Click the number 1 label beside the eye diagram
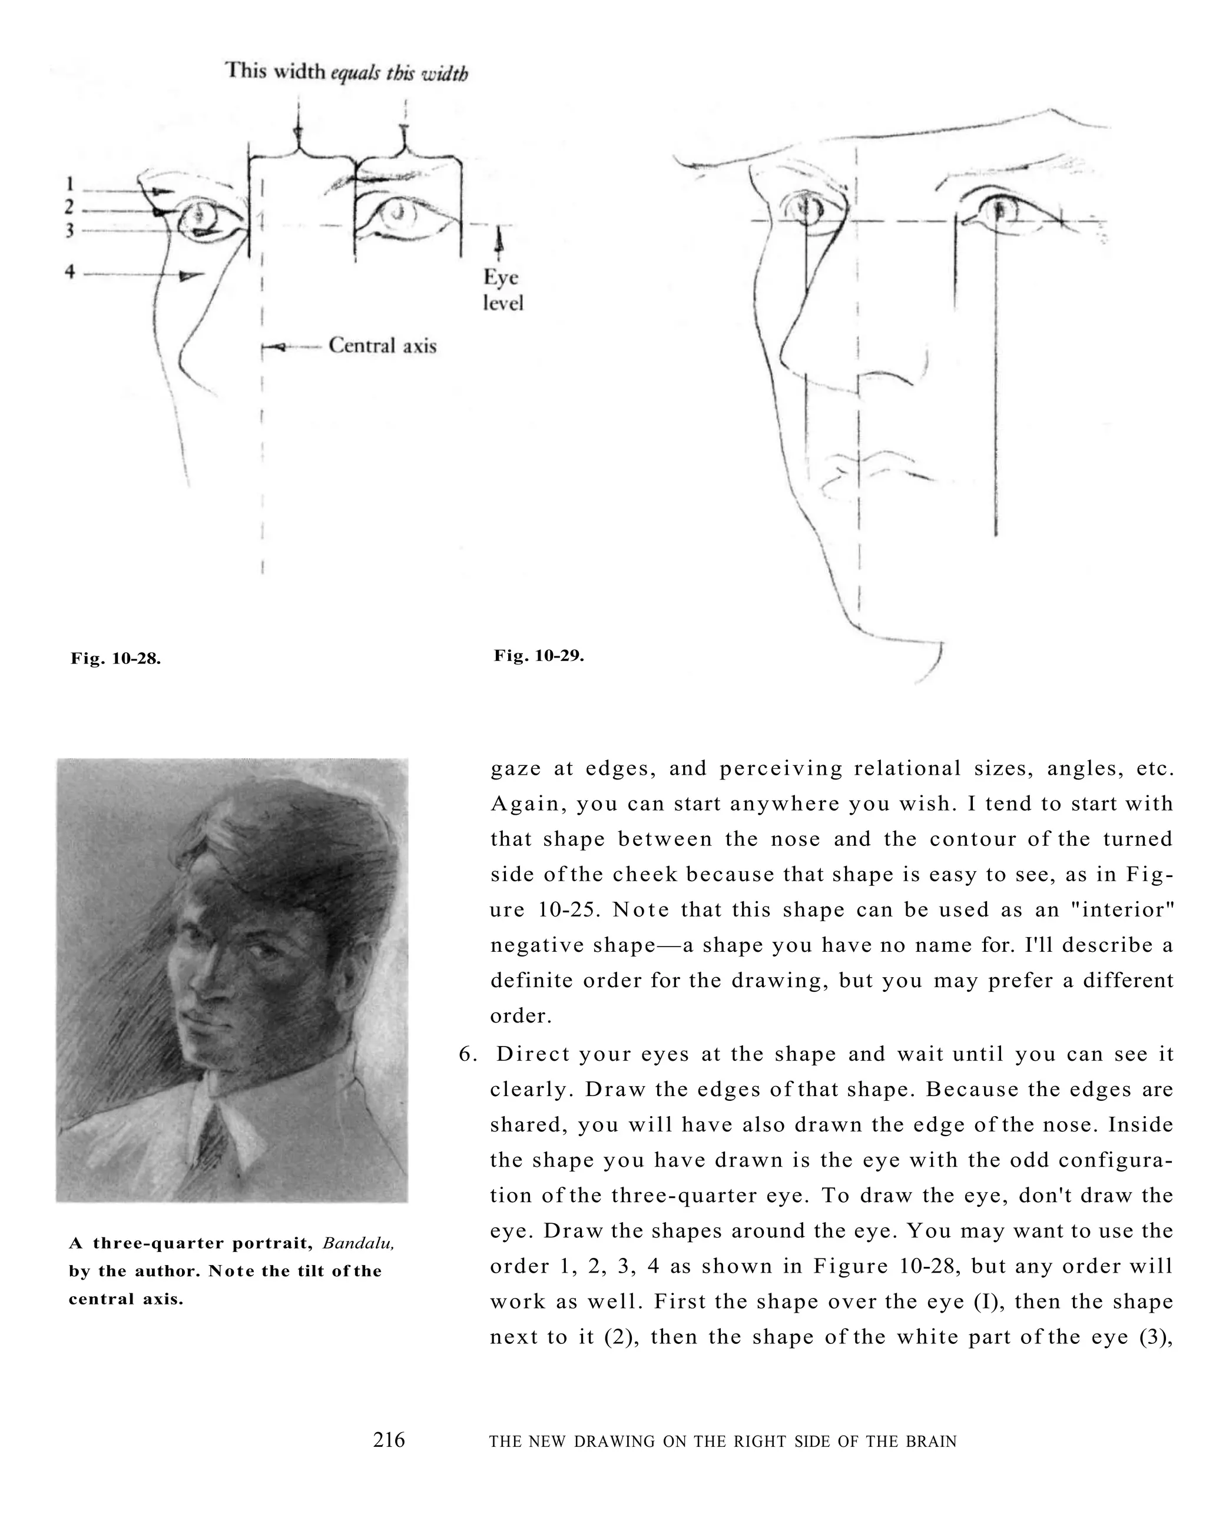pos(69,184)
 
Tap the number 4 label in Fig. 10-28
pos(69,272)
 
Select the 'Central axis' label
pos(382,346)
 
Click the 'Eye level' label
pos(502,290)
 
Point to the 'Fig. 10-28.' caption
pos(116,659)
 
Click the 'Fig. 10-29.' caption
pos(539,656)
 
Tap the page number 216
pos(389,1440)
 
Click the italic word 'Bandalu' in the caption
pos(358,1244)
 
